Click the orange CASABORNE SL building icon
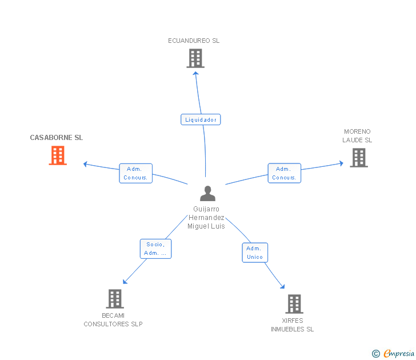pyautogui.click(x=58, y=155)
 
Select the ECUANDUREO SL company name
pyautogui.click(x=194, y=41)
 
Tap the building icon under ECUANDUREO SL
pyautogui.click(x=195, y=58)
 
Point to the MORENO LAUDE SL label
pyautogui.click(x=357, y=135)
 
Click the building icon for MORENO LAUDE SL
pyautogui.click(x=359, y=158)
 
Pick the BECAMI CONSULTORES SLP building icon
pyautogui.click(x=115, y=299)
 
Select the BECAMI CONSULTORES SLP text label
pyautogui.click(x=113, y=319)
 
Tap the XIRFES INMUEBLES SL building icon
pyautogui.click(x=294, y=304)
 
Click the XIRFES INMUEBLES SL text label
pyautogui.click(x=293, y=325)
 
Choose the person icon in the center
pyautogui.click(x=208, y=193)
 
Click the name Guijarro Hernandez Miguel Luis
pyautogui.click(x=206, y=218)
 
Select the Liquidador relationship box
pyautogui.click(x=201, y=119)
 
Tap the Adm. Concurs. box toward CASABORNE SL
pyautogui.click(x=135, y=173)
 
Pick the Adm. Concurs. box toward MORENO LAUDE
pyautogui.click(x=285, y=173)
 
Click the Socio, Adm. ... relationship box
pyautogui.click(x=156, y=249)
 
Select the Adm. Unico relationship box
pyautogui.click(x=255, y=253)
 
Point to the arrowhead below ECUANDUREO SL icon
pyautogui.click(x=195, y=73)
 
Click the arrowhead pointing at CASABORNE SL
pyautogui.click(x=85, y=164)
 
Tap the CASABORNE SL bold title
pyautogui.click(x=56, y=137)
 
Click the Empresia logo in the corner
pyautogui.click(x=393, y=353)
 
